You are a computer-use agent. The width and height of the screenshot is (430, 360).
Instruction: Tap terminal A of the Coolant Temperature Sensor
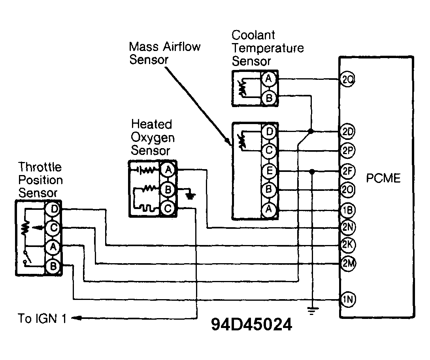[269, 79]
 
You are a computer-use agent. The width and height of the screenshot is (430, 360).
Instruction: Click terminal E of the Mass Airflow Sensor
[269, 171]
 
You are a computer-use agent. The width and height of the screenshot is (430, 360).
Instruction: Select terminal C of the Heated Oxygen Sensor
[167, 208]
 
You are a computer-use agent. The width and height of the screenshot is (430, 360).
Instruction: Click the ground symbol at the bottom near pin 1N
[312, 311]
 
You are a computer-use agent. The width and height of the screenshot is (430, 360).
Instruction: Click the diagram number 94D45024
[252, 325]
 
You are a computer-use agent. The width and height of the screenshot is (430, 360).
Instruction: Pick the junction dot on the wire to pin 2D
[311, 131]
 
